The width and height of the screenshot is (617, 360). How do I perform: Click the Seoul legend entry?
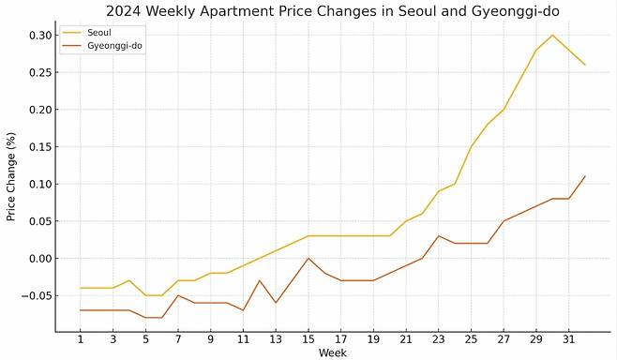[99, 32]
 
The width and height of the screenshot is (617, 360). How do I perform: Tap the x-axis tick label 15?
[308, 339]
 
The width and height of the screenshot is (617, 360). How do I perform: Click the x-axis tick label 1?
[81, 339]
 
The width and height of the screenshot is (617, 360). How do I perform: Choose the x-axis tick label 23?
[438, 339]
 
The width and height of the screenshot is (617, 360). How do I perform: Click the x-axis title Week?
[332, 352]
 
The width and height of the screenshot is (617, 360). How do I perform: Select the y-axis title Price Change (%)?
[11, 176]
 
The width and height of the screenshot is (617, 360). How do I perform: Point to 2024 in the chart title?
[125, 12]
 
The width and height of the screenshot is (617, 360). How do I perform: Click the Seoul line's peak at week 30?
[552, 36]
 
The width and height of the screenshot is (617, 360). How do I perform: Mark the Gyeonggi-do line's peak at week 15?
[308, 258]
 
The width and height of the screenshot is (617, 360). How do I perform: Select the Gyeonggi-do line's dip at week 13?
[276, 302]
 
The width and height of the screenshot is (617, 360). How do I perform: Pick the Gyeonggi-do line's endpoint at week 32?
[585, 176]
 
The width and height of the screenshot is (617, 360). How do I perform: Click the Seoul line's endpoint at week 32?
[585, 65]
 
